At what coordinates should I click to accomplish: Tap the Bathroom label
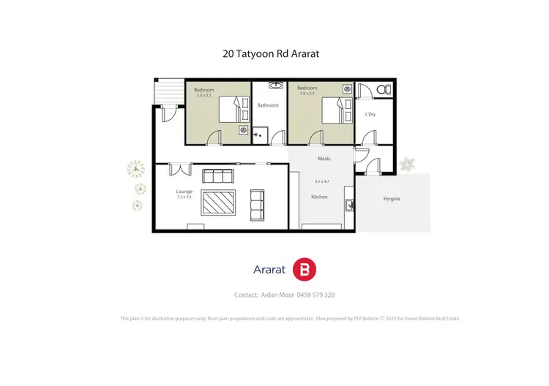(x=268, y=105)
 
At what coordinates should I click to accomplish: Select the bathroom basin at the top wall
(x=275, y=86)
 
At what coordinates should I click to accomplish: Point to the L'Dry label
(x=370, y=115)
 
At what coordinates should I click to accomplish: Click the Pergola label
(x=392, y=199)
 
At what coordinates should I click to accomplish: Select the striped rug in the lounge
(x=217, y=200)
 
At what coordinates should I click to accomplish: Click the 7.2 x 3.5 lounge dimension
(x=184, y=197)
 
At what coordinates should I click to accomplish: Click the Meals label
(x=324, y=158)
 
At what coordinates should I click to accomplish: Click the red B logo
(x=304, y=270)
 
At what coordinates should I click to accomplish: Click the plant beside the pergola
(x=408, y=164)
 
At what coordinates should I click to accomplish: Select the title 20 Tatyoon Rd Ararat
(x=274, y=53)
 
